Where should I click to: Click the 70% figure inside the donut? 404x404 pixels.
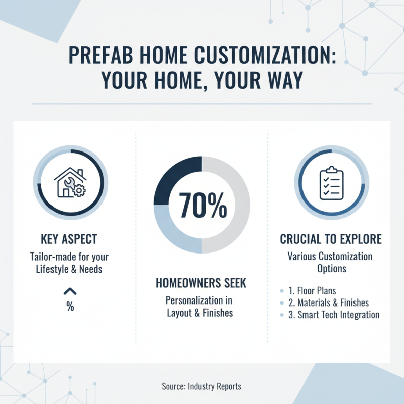pos(202,206)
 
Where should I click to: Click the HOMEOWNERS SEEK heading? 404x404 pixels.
pos(201,283)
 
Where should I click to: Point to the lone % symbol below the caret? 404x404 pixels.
pos(70,307)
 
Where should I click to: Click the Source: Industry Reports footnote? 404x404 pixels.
pos(201,386)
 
